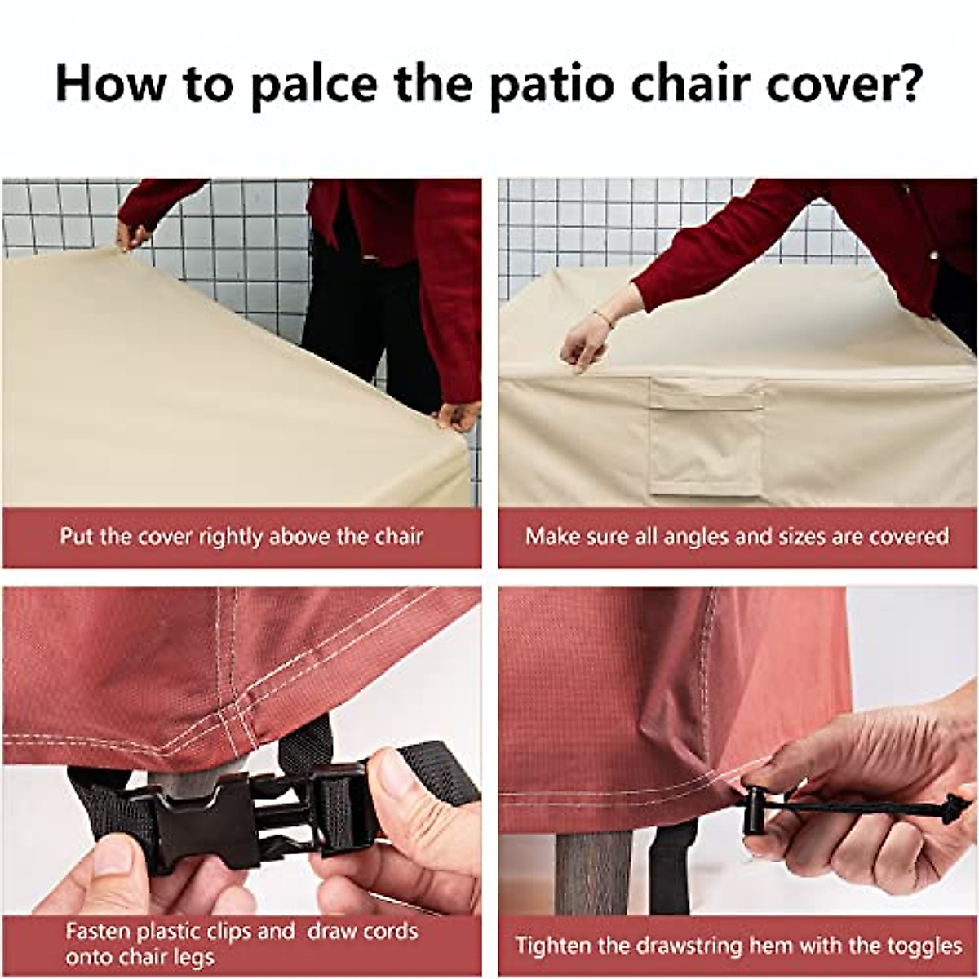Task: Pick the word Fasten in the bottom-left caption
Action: point(95,932)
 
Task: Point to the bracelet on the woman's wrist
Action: point(604,318)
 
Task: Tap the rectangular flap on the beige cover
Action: point(706,436)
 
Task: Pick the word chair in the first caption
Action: point(399,537)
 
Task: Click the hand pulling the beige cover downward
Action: point(585,343)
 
